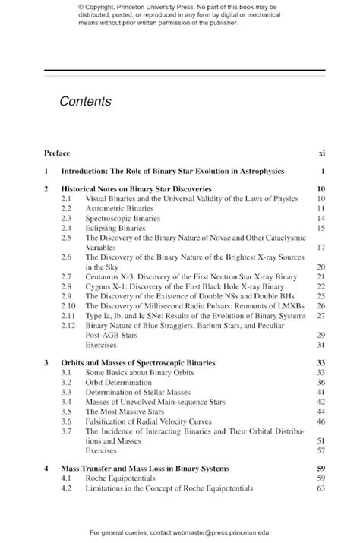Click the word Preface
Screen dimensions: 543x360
(57, 153)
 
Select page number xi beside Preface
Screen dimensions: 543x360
(321, 153)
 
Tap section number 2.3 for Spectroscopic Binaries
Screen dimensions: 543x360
(67, 217)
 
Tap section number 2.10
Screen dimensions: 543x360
(68, 305)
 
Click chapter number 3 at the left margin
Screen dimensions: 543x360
(46, 362)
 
